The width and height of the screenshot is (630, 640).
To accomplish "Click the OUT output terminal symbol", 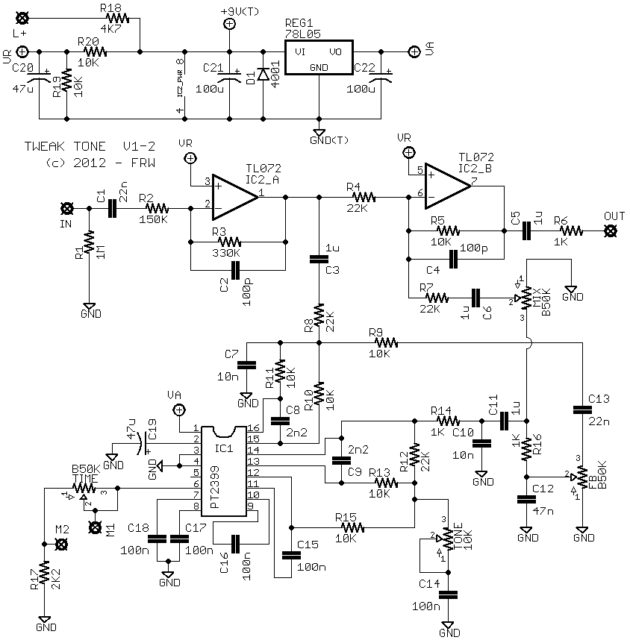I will pos(611,231).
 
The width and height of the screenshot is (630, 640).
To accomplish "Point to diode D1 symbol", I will pos(262,75).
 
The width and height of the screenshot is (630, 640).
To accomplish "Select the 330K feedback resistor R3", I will pos(228,241).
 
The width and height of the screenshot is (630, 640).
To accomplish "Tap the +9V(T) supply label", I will pos(240,12).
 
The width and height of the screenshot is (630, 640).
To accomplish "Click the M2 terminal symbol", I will pos(63,544).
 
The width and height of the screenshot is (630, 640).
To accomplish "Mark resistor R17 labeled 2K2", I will pos(44,574).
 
